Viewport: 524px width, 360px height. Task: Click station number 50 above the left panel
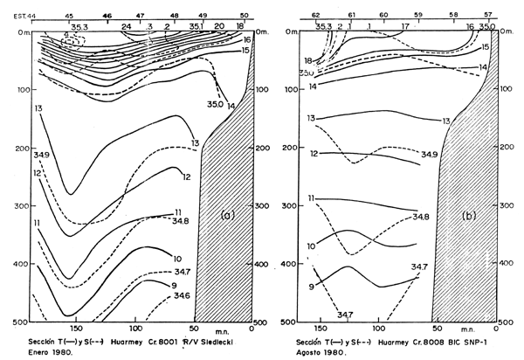pyautogui.click(x=245, y=16)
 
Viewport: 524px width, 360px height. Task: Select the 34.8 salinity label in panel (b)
pyautogui.click(x=420, y=216)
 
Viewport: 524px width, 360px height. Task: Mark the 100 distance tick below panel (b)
pyautogui.click(x=379, y=329)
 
